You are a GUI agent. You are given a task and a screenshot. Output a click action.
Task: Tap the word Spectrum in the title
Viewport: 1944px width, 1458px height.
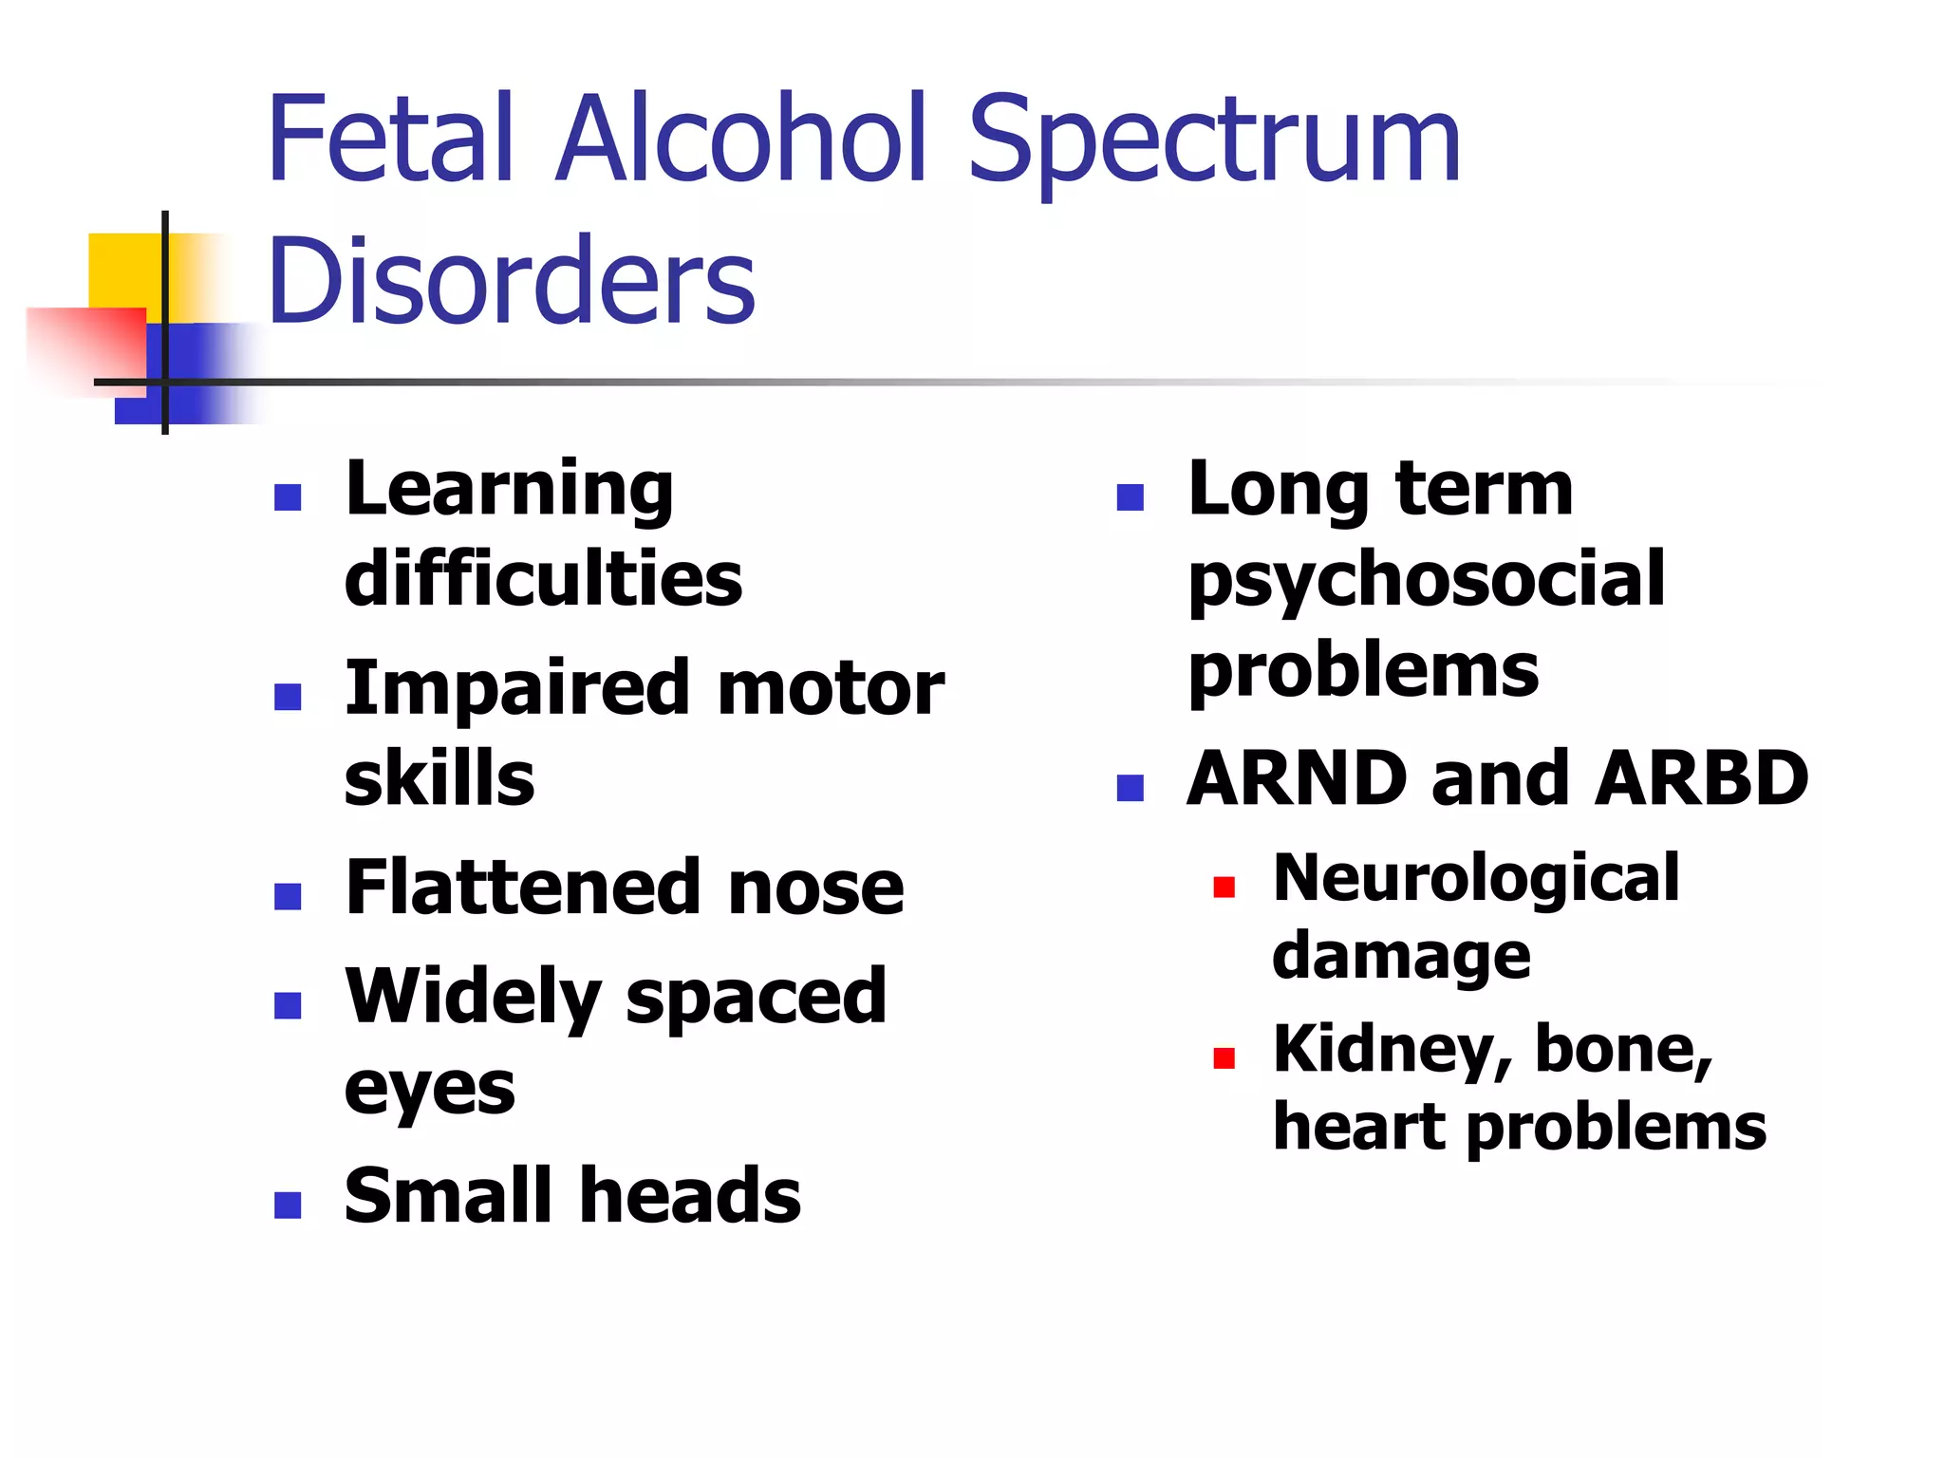click(1214, 142)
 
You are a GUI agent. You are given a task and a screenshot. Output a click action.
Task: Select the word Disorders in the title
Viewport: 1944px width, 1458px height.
click(512, 280)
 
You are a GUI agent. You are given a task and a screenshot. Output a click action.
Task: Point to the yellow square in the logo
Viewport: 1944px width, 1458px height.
click(123, 271)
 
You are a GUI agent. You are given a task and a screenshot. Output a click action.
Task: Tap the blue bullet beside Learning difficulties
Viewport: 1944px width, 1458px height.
click(288, 497)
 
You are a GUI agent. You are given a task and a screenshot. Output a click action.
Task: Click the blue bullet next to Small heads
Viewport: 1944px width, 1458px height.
click(288, 1205)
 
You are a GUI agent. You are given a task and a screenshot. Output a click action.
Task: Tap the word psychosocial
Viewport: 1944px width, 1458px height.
click(1427, 581)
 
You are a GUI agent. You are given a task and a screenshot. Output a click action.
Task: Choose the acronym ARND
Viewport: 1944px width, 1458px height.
click(1297, 778)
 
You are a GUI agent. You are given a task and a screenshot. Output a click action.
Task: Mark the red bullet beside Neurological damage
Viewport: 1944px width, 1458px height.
click(1224, 888)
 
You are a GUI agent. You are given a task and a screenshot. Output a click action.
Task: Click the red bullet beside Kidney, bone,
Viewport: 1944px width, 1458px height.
click(1224, 1057)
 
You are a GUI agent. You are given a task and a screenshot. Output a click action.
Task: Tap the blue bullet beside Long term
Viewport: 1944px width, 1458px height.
click(1131, 497)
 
